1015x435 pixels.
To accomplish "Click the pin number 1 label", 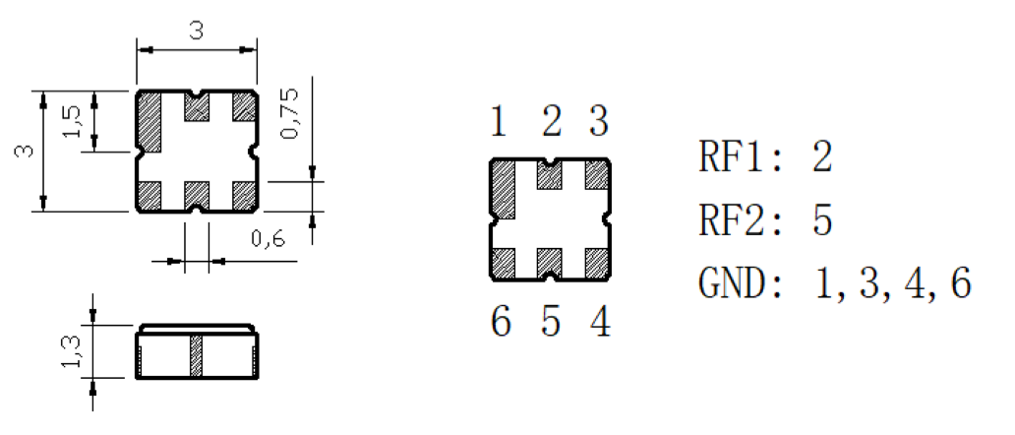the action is pyautogui.click(x=498, y=122).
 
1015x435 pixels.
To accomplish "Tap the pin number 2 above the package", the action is pyautogui.click(x=551, y=122).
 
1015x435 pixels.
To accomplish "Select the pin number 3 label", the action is pyautogui.click(x=599, y=122).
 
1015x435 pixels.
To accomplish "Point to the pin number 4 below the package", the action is pyautogui.click(x=600, y=323).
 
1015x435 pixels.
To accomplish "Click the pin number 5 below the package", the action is pyautogui.click(x=551, y=323).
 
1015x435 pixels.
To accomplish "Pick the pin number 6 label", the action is pyautogui.click(x=501, y=323).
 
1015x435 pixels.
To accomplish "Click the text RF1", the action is pyautogui.click(x=732, y=157).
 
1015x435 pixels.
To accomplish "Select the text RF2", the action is pyautogui.click(x=732, y=220).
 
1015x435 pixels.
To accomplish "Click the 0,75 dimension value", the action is pyautogui.click(x=290, y=112).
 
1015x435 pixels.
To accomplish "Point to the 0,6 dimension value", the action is pyautogui.click(x=268, y=239).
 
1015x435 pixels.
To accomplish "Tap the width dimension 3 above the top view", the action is pyautogui.click(x=196, y=31).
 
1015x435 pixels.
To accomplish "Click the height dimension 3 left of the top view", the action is pyautogui.click(x=24, y=151).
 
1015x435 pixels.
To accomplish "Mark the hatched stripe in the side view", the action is pyautogui.click(x=196, y=355).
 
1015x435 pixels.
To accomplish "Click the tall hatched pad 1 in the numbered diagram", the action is pyautogui.click(x=504, y=190).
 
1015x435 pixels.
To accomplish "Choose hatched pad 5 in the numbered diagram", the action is pyautogui.click(x=550, y=264).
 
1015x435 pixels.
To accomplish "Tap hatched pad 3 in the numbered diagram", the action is pyautogui.click(x=597, y=175).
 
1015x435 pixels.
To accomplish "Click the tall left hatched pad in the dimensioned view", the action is pyautogui.click(x=149, y=123).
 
